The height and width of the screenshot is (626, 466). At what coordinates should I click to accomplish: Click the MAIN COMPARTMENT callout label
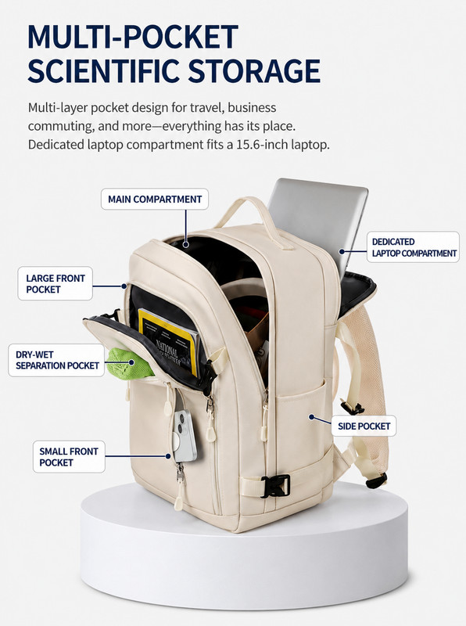click(155, 200)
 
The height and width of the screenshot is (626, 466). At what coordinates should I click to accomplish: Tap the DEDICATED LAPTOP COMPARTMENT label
click(414, 247)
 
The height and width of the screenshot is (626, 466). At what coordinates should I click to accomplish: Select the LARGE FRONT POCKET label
click(55, 283)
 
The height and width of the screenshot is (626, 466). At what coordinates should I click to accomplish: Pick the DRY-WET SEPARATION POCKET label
click(56, 360)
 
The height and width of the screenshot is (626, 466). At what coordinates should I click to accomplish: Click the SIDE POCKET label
click(364, 426)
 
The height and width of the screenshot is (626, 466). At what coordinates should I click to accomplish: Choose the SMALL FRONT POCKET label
click(69, 457)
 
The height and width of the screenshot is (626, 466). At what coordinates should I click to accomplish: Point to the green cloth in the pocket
click(128, 363)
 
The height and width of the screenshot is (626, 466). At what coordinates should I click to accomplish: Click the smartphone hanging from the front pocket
click(185, 436)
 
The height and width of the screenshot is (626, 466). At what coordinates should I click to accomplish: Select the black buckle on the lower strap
click(275, 486)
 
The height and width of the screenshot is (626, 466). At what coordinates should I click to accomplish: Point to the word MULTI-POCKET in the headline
click(133, 37)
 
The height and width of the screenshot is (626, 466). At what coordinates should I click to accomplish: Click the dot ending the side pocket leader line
click(311, 417)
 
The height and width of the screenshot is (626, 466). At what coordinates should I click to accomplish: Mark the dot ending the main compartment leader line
click(186, 244)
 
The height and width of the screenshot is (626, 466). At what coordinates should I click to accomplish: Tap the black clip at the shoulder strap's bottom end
click(377, 480)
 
